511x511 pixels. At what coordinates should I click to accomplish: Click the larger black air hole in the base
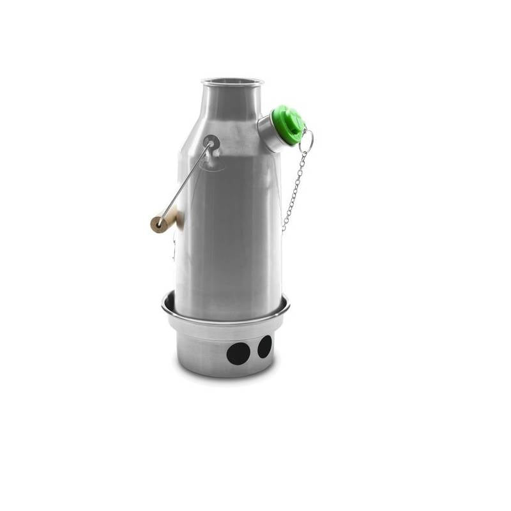238,353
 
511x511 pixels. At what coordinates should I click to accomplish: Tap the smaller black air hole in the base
264,346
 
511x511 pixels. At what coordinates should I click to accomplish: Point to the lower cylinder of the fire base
204,348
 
